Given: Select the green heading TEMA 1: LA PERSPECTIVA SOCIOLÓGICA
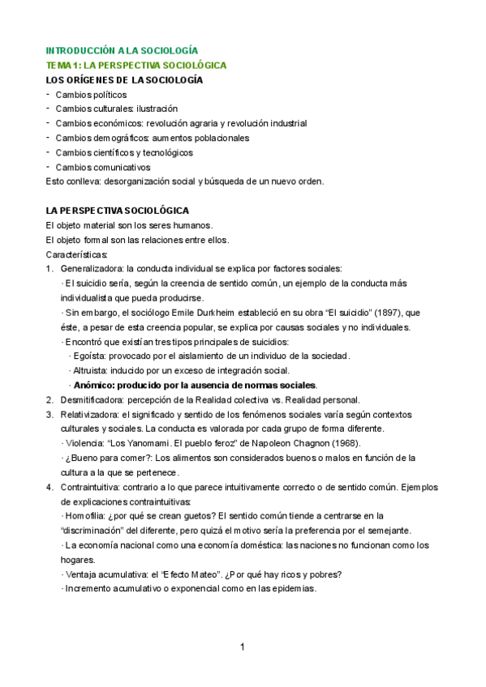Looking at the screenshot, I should (x=135, y=65).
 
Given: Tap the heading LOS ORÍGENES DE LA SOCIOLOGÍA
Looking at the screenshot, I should (x=124, y=79).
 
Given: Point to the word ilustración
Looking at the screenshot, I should (x=157, y=109).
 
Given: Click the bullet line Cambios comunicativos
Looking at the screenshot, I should (x=103, y=167).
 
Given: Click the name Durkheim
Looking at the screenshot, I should (x=207, y=313).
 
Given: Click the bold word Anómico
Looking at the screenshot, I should (x=97, y=385).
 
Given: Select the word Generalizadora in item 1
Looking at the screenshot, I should (x=94, y=269).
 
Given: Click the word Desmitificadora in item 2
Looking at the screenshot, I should (x=95, y=399).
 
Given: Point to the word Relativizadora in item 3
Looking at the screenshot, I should (x=92, y=414).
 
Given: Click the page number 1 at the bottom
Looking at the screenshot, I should (x=243, y=647).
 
